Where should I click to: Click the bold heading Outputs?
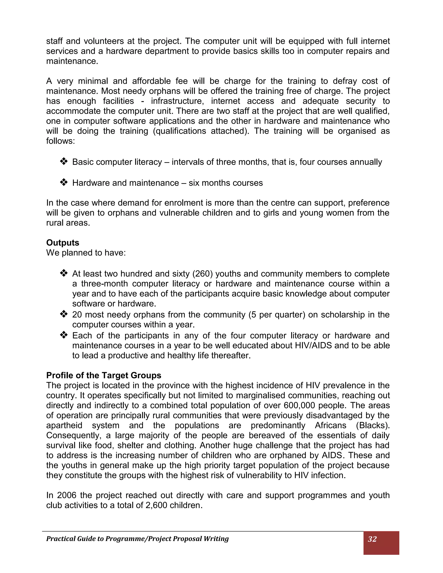(x=63, y=243)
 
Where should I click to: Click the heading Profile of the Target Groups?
(x=104, y=375)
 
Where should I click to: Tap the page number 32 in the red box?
(x=372, y=539)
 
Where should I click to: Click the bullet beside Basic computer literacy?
(x=64, y=161)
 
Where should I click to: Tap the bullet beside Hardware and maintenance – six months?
(x=64, y=182)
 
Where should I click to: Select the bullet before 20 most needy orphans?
(x=64, y=314)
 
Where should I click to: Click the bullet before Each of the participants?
(x=64, y=335)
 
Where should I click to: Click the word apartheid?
(x=64, y=425)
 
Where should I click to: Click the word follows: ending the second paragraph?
(x=61, y=141)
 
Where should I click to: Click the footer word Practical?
(x=61, y=539)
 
